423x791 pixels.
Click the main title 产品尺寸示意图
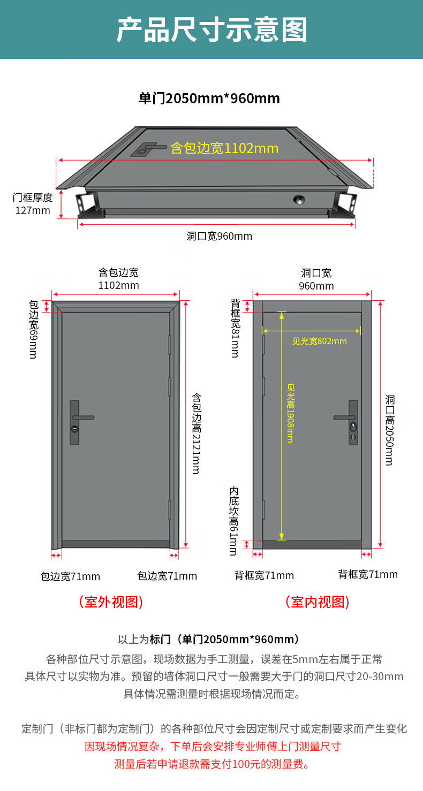[211, 29]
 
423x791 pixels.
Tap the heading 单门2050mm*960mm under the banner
[209, 98]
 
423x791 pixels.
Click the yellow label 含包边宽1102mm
[224, 148]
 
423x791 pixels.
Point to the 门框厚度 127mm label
[33, 204]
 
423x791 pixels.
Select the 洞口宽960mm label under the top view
[219, 236]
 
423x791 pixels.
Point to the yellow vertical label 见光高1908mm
[290, 413]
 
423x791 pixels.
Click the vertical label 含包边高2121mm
[196, 433]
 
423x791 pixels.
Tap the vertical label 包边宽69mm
[33, 329]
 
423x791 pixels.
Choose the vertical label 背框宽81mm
[235, 328]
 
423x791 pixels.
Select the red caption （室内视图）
[317, 602]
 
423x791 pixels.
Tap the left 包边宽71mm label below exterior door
[70, 576]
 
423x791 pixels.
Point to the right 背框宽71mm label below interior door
[368, 575]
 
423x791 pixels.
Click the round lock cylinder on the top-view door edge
[298, 200]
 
